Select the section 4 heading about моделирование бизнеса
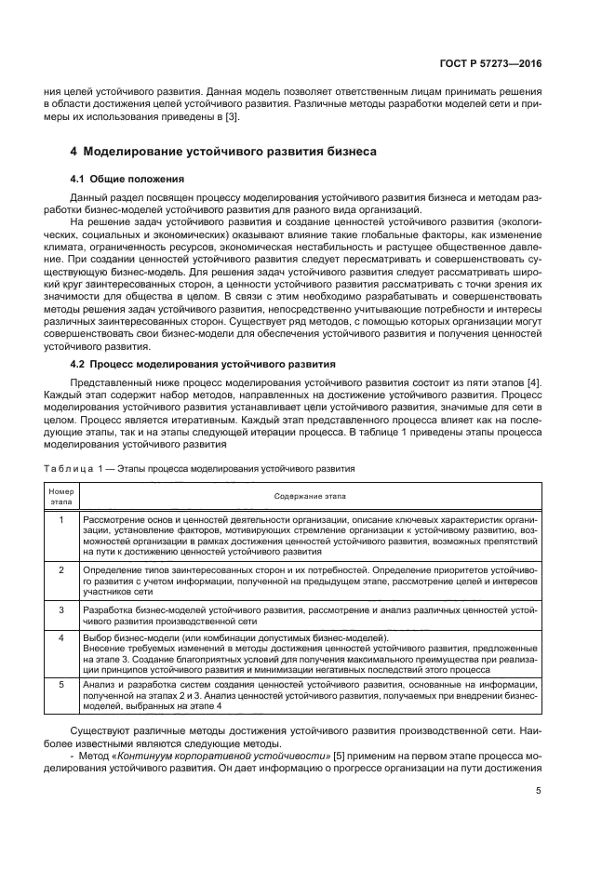tap(223, 151)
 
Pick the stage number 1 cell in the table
tap(60, 518)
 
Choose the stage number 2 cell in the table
tap(60, 568)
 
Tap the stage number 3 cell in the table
tap(60, 609)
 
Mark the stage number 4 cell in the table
tap(60, 637)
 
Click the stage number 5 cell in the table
tap(60, 685)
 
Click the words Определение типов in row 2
tap(119, 568)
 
